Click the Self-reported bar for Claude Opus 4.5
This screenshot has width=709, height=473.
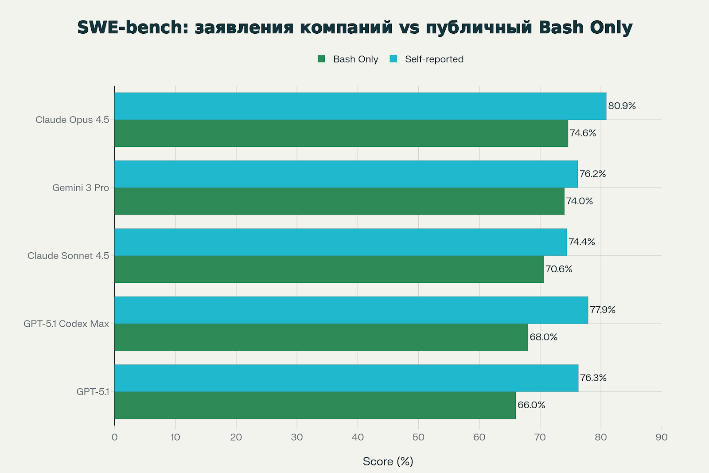360,106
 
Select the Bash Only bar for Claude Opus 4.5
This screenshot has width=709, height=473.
341,133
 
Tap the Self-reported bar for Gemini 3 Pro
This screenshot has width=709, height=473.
346,174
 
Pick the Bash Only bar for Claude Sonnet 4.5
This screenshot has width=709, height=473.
329,269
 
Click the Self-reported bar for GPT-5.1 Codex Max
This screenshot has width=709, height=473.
351,310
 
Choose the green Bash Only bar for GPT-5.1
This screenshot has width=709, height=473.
315,405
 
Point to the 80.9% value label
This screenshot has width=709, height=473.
622,106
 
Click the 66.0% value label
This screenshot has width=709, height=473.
531,405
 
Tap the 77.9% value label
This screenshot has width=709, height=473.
603,310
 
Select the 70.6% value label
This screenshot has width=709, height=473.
559,269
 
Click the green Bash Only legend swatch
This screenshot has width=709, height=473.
322,59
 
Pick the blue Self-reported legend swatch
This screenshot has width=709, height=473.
393,59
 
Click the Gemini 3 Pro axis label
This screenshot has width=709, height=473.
81,188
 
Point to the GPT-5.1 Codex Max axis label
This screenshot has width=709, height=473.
66,324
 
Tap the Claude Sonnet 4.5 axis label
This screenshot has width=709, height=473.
68,256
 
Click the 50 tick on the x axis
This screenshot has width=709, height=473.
418,438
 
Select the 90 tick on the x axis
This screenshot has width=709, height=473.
661,438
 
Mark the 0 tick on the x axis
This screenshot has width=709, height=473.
115,438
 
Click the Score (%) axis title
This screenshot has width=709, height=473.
388,461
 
